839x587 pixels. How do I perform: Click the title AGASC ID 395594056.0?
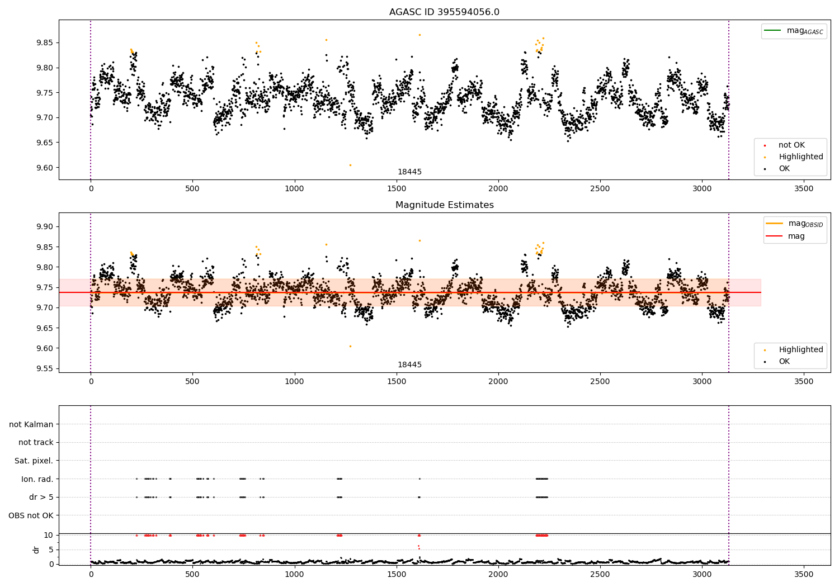(444, 12)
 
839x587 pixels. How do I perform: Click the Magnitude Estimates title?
(444, 205)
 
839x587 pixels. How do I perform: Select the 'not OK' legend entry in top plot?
(791, 145)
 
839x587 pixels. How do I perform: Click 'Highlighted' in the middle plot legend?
(800, 350)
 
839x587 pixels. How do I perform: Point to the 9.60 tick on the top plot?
(45, 168)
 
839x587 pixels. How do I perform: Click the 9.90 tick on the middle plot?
(45, 227)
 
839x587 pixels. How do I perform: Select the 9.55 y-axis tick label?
(45, 369)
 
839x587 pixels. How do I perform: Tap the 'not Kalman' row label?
(31, 425)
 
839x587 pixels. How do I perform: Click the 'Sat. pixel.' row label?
(34, 461)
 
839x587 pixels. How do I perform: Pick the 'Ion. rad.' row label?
(37, 479)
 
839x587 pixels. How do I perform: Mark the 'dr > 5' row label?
(41, 498)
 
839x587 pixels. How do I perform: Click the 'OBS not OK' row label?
(31, 515)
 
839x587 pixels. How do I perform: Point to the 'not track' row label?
(36, 443)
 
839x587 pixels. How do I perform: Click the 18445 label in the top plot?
(409, 172)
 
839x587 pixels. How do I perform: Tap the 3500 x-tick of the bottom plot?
(804, 574)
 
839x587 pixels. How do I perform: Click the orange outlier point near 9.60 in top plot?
(350, 165)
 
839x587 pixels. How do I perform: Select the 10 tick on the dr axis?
(49, 535)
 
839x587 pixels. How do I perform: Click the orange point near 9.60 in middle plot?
(350, 346)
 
